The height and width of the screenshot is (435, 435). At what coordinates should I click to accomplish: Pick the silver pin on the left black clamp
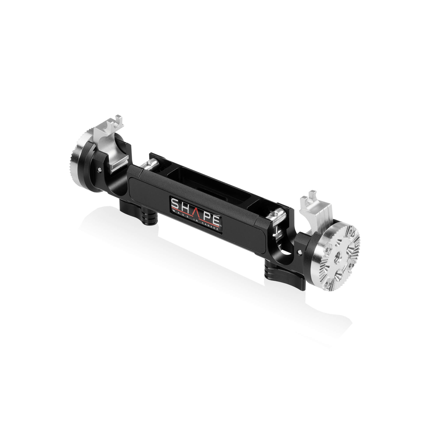point(99,168)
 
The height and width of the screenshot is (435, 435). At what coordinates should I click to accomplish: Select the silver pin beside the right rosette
point(300,251)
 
